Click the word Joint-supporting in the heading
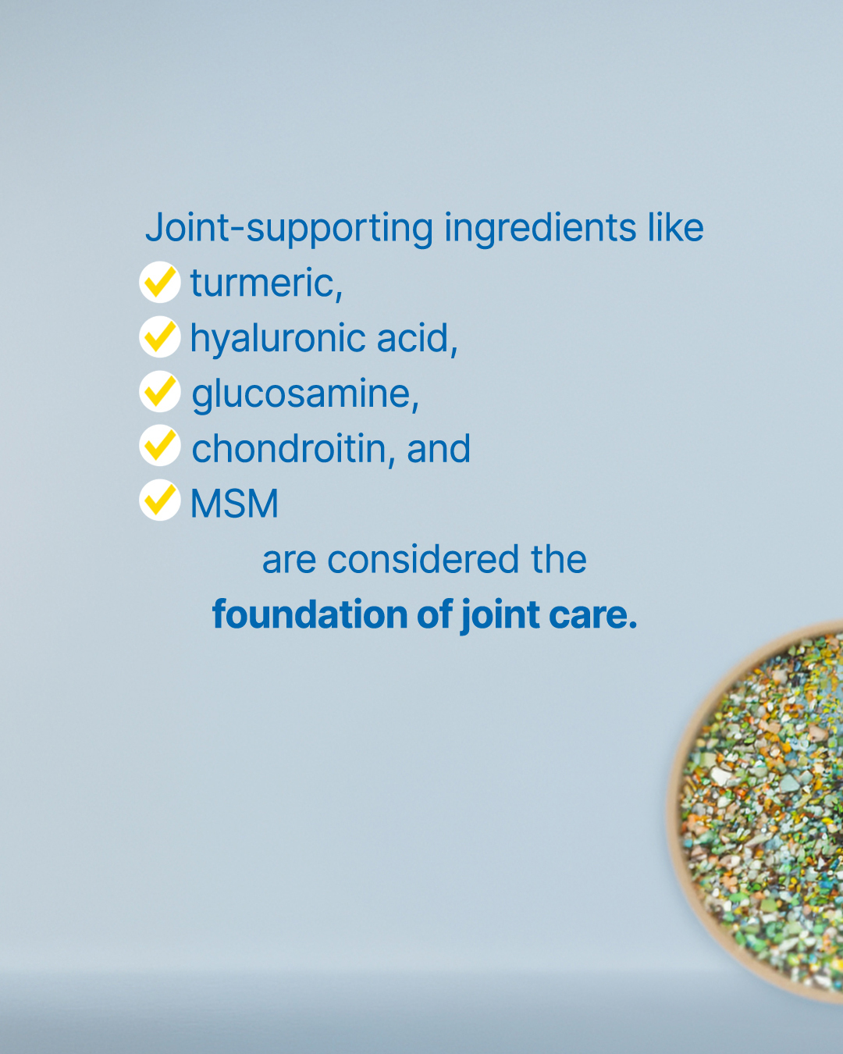coord(289,229)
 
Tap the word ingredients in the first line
coord(540,229)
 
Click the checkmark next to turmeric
coord(160,282)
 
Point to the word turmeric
coord(266,283)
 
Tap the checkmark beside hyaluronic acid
coord(160,336)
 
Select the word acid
coord(417,338)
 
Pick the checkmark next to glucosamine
coord(160,391)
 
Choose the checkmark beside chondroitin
coord(160,445)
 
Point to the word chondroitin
coord(293,449)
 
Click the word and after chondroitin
coord(439,449)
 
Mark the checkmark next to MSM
coord(160,500)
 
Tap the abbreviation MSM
coord(234,504)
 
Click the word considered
coord(423,559)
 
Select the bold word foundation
coord(310,614)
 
